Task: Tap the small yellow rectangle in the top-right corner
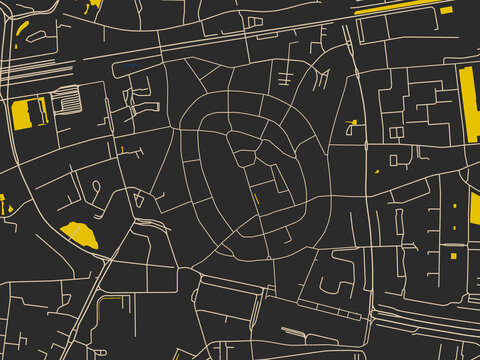pos(446,10)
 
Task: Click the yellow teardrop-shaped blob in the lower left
pos(79,235)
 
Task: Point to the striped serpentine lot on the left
pos(68,101)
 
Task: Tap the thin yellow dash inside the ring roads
pos(256,198)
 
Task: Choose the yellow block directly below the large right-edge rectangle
pos(474,209)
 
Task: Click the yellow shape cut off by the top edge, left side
pos(93,4)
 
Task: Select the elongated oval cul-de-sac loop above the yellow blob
pos(96,187)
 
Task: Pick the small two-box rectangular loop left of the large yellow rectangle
pos(397,132)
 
